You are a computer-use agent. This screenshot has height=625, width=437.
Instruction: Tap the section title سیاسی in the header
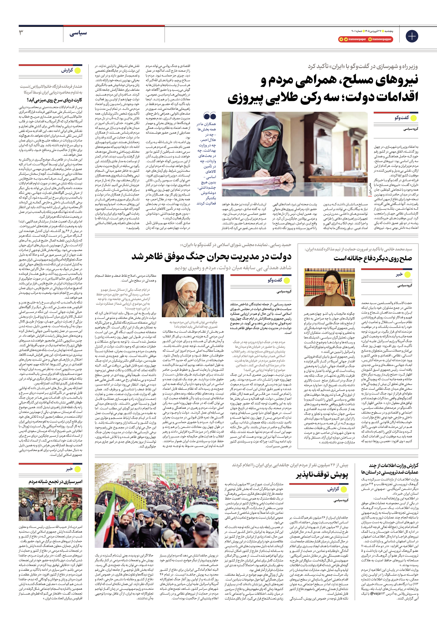point(78,33)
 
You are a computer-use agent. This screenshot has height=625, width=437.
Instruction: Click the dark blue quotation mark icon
point(210,117)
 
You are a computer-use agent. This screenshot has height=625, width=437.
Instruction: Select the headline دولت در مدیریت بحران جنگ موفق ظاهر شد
point(211,257)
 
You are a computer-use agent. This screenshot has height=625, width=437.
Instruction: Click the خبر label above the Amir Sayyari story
point(70,469)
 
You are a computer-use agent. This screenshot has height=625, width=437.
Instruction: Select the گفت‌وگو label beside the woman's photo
point(402,118)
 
